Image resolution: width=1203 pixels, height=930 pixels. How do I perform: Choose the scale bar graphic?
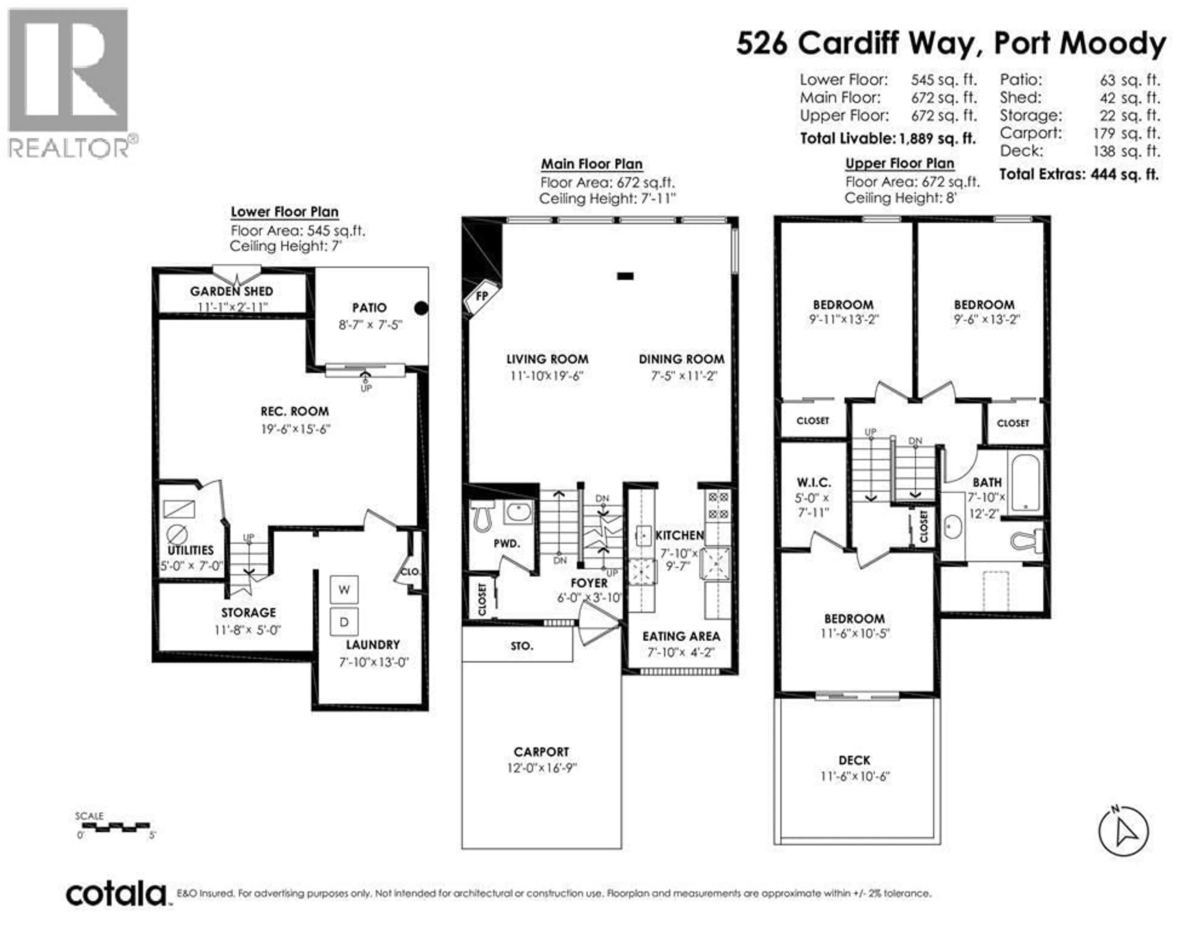(115, 826)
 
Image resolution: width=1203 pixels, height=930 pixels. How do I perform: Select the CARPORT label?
(541, 752)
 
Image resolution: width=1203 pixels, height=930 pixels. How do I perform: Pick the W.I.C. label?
(814, 482)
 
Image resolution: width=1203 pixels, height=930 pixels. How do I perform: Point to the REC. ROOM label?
(295, 411)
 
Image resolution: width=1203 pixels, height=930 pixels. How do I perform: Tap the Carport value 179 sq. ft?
(1127, 133)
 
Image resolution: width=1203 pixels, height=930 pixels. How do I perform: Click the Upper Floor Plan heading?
(899, 163)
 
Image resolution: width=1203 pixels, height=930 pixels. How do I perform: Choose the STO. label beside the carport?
(522, 646)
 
